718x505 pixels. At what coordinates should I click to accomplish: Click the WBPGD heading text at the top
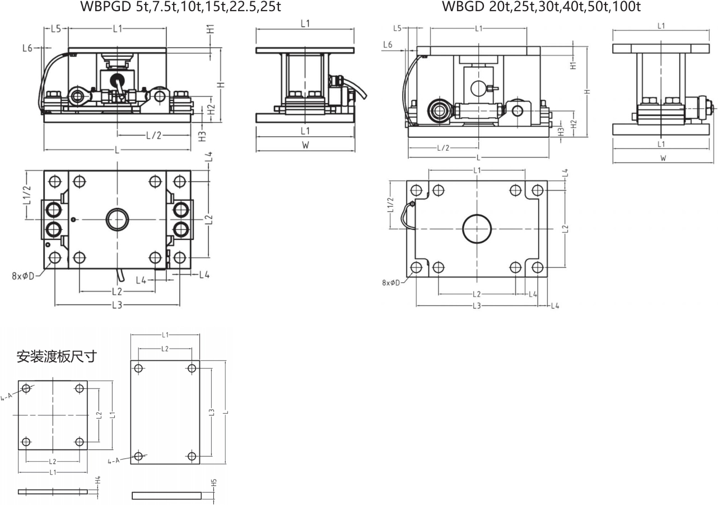[180, 6]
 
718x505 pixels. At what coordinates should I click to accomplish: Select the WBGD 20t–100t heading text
[542, 6]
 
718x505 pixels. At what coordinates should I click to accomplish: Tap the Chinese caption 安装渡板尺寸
[57, 356]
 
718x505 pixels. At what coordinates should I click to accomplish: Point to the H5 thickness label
[215, 483]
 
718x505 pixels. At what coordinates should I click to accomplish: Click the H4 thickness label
[98, 480]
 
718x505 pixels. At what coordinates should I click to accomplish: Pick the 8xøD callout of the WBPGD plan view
[23, 276]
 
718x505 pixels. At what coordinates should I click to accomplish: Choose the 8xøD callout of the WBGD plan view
[391, 282]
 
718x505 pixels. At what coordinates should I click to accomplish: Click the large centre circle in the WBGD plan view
[477, 215]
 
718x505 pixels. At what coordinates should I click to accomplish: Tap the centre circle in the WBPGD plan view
[117, 209]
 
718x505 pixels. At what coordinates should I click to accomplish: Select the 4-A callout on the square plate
[6, 397]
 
